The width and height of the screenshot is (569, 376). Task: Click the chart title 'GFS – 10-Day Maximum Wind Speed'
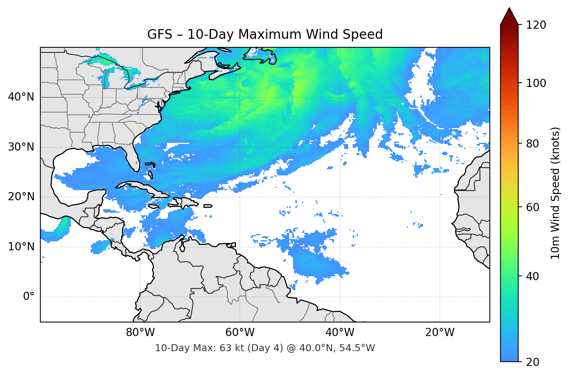tap(265, 35)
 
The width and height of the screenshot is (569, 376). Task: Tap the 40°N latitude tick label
tap(21, 97)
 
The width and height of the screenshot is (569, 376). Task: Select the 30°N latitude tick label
tap(21, 147)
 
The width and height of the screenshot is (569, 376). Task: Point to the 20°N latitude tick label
tap(21, 197)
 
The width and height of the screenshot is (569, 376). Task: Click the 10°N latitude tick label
tap(21, 247)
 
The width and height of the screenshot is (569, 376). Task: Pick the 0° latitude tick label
tap(28, 297)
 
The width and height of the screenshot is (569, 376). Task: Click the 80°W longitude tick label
tap(140, 333)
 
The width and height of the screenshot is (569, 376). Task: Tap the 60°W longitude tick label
tap(240, 333)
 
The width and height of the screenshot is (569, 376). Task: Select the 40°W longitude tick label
tap(340, 333)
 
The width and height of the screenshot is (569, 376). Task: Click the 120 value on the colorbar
tap(536, 25)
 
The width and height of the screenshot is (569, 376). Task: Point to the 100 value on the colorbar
tap(536, 83)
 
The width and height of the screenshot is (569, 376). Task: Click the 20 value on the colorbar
tap(533, 362)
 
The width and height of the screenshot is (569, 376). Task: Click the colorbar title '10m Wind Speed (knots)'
tap(555, 193)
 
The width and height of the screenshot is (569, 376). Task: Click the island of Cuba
tap(140, 187)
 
